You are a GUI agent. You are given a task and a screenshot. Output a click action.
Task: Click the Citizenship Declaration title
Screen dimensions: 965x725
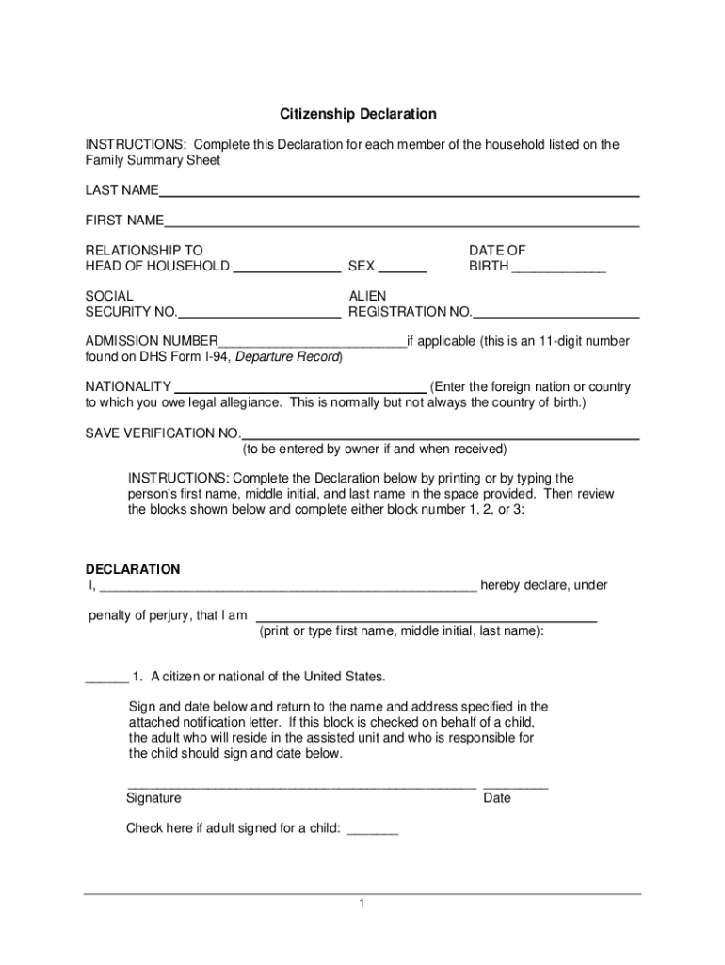[x=358, y=114]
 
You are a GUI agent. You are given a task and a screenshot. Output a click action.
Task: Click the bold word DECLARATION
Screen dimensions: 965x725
[x=133, y=569]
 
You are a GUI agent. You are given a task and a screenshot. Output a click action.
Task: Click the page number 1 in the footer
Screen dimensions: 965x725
[x=362, y=905]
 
